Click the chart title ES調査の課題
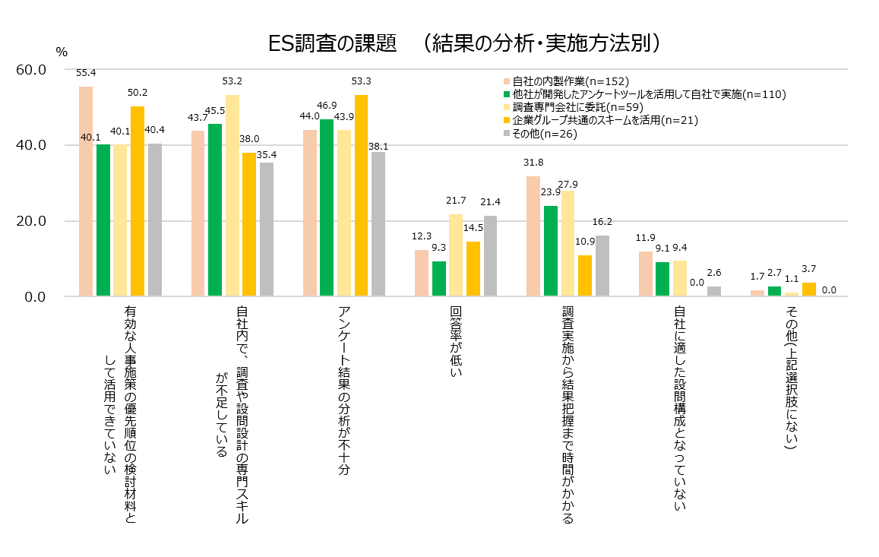pyautogui.click(x=334, y=43)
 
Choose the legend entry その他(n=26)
pyautogui.click(x=544, y=133)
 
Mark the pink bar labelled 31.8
pyautogui.click(x=533, y=236)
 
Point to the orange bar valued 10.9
pyautogui.click(x=584, y=276)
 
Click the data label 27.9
pyautogui.click(x=568, y=184)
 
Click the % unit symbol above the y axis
pyautogui.click(x=62, y=52)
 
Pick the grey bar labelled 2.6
pyautogui.click(x=713, y=291)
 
